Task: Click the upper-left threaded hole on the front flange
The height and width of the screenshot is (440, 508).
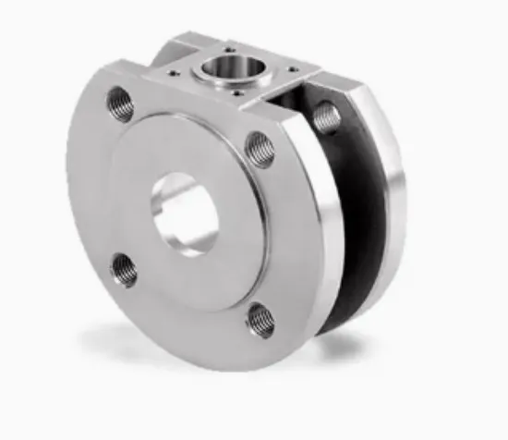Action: point(120,103)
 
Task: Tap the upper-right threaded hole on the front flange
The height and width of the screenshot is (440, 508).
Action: point(260,148)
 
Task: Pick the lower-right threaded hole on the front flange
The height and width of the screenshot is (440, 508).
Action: point(260,319)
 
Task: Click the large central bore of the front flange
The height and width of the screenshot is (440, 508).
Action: point(186,214)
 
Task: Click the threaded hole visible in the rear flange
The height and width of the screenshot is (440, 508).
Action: point(325,116)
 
